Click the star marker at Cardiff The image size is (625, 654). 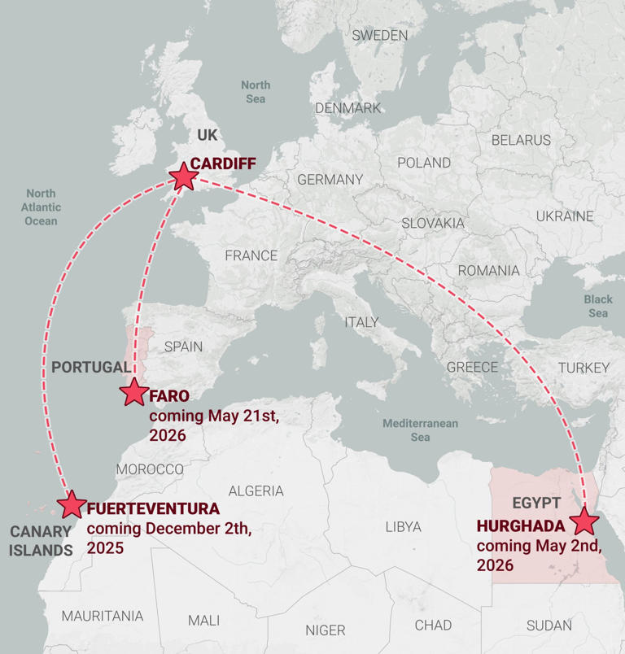point(182,176)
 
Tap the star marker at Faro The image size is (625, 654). point(134,392)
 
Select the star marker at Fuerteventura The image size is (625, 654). point(72,504)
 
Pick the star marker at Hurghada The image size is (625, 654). point(584,521)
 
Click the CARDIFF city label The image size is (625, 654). point(223,163)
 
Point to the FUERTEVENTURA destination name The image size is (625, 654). point(153,509)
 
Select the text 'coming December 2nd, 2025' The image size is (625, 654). point(168,538)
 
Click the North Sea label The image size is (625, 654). point(256,92)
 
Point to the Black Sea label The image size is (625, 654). point(598,306)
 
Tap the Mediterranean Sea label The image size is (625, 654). point(420,430)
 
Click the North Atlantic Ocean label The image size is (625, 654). point(41,207)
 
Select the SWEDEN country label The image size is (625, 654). point(380,35)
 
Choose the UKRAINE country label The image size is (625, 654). point(564,216)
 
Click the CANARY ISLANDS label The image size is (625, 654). point(41,541)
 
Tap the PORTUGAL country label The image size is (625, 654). point(90,367)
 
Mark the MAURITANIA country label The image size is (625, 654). point(102,616)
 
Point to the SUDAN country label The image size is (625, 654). point(549,626)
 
